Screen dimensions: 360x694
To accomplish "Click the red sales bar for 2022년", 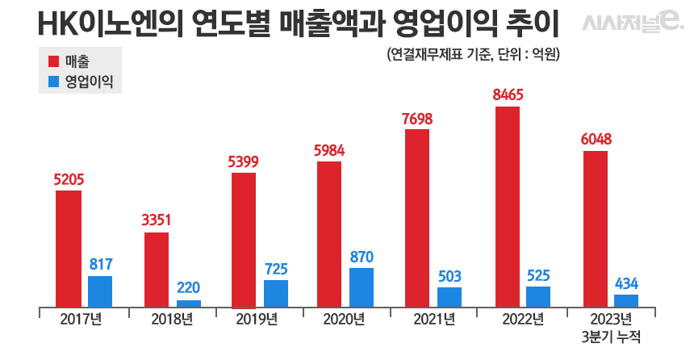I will (508, 207).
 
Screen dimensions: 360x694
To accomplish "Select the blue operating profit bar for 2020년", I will (362, 287).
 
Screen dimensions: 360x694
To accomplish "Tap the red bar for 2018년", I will (157, 270).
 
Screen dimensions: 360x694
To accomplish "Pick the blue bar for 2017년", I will (100, 291).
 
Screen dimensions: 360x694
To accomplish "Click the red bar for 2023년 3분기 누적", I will (595, 228).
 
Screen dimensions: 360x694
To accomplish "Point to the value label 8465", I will (508, 95).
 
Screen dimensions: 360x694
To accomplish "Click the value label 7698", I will (417, 119).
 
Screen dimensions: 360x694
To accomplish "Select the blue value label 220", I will (189, 287).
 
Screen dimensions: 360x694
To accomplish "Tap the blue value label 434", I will (627, 283).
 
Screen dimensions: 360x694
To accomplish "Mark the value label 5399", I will (243, 161).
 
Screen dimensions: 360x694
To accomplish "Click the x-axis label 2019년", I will (257, 319).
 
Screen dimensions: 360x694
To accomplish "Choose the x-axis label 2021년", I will (433, 319).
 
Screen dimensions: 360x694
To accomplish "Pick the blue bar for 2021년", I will (449, 297).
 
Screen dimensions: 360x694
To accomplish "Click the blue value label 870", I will (362, 257).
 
